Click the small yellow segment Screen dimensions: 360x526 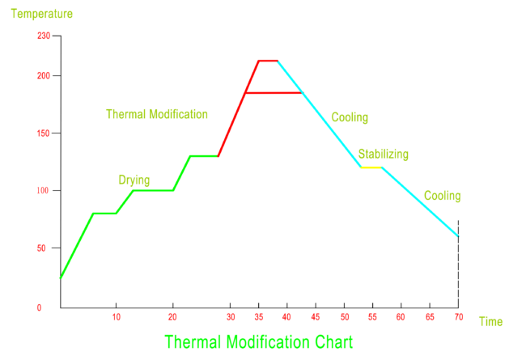[x=371, y=167]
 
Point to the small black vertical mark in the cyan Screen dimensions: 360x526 [x=458, y=227]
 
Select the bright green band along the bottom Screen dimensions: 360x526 [x=263, y=341]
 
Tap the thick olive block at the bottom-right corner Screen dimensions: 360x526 [x=494, y=320]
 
